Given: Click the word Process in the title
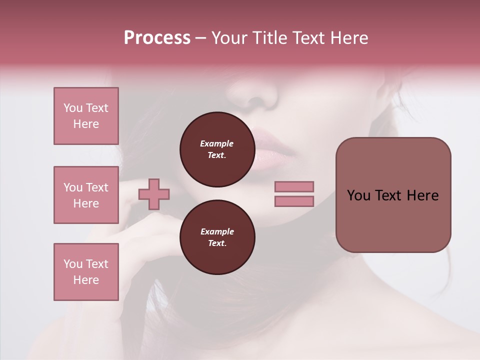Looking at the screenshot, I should [157, 38].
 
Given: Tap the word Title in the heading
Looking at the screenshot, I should [270, 38].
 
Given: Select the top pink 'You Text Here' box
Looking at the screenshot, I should [86, 116].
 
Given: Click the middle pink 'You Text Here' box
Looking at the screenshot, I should [86, 195].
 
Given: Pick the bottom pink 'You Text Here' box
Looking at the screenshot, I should [86, 272].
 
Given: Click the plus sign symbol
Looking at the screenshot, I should [154, 194].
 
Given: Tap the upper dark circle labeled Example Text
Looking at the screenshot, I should [217, 149].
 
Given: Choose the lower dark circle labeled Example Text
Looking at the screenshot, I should [217, 237].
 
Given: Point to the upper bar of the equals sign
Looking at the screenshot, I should [294, 187].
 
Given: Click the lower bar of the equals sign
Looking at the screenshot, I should [294, 201].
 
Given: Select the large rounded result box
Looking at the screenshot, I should [393, 195].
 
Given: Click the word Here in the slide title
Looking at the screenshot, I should [350, 38].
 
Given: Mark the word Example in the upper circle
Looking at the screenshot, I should [217, 143].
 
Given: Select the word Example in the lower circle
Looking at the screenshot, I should [217, 231].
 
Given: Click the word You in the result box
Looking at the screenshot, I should [358, 195].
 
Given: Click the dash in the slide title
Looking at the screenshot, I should [201, 38].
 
